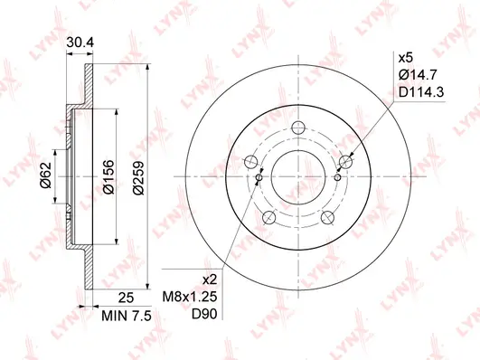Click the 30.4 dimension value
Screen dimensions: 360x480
(81, 41)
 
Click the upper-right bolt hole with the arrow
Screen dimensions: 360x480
(344, 162)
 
